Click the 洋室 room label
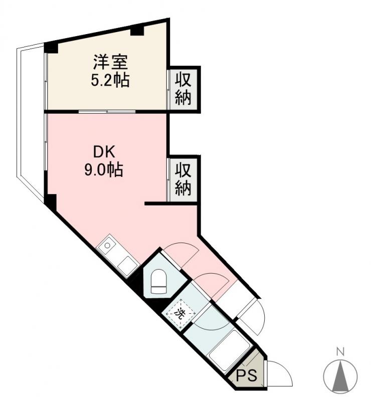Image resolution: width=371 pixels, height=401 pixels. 110,62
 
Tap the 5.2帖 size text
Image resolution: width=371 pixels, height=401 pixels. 110,80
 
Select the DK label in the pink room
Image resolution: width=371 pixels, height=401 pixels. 104,152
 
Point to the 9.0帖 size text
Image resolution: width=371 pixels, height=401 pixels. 104,169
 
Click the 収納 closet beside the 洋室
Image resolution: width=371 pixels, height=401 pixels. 183,89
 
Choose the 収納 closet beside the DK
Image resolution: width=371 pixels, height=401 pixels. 183,179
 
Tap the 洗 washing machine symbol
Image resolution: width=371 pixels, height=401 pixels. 179,314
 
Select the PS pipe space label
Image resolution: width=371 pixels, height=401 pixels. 246,376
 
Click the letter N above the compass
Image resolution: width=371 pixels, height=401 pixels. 340,352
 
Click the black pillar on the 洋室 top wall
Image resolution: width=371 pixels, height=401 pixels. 137,30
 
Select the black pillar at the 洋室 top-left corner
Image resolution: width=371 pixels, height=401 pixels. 51,48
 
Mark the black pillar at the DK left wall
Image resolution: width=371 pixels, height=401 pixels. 51,202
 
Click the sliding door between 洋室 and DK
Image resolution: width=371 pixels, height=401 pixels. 107,111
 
